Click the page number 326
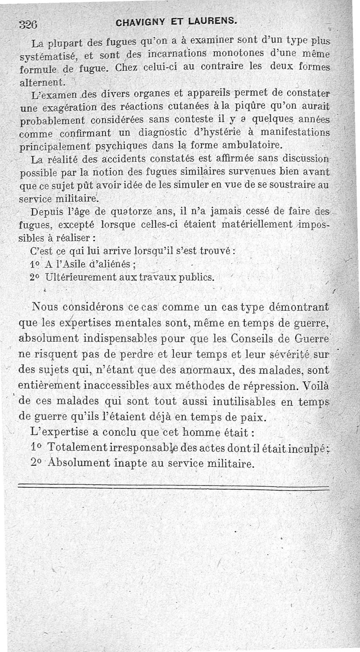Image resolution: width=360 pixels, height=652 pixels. (28, 25)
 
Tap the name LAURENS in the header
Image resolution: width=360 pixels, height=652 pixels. (212, 21)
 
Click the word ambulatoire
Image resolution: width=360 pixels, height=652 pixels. (251, 145)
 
